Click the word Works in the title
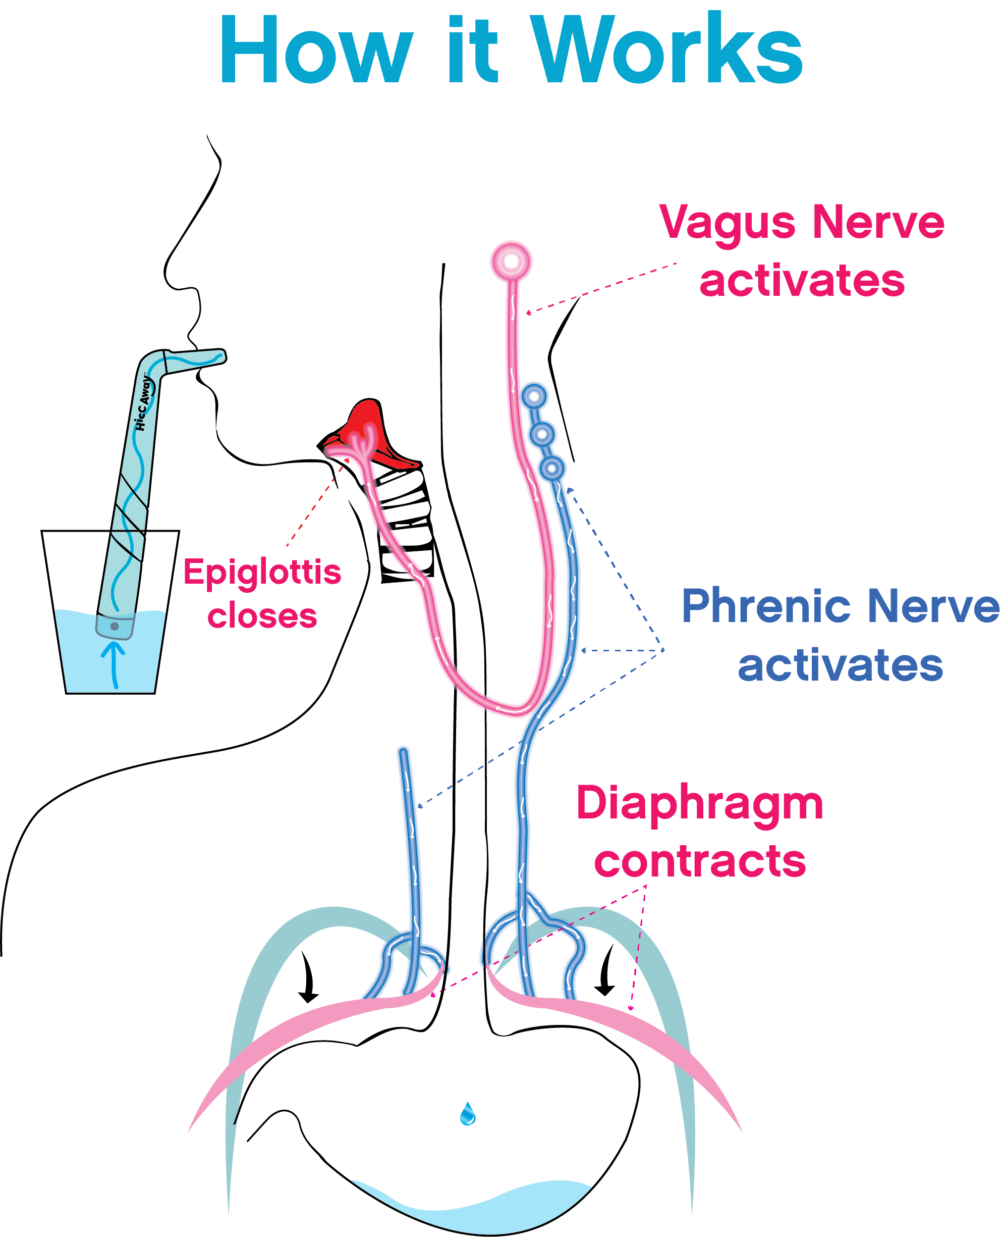click(x=666, y=48)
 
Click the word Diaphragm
click(x=699, y=805)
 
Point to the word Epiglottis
click(x=262, y=573)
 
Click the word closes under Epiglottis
click(x=262, y=615)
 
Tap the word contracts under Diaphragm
click(x=700, y=861)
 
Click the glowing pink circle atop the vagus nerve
click(x=511, y=262)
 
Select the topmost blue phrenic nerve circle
click(x=534, y=396)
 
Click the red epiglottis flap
click(x=369, y=435)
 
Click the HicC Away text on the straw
click(x=143, y=403)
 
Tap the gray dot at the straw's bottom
click(x=114, y=626)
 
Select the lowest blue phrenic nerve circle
click(x=552, y=468)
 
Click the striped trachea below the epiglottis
click(x=404, y=525)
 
